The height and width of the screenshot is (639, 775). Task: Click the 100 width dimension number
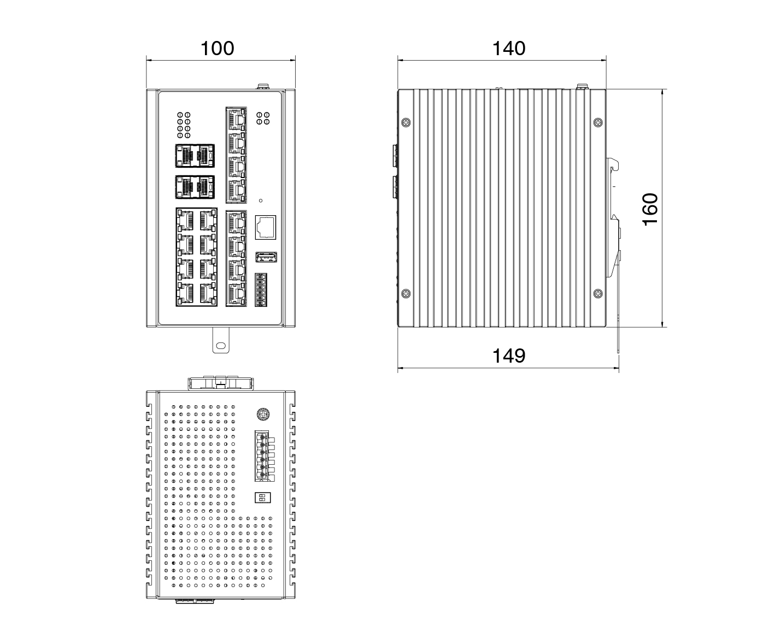pyautogui.click(x=217, y=49)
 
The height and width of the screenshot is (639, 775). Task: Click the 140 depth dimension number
pyautogui.click(x=508, y=49)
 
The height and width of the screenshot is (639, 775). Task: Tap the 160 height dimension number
pyautogui.click(x=650, y=209)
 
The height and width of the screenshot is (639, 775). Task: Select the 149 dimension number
pyautogui.click(x=508, y=356)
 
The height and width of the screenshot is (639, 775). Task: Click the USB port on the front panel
pyautogui.click(x=266, y=257)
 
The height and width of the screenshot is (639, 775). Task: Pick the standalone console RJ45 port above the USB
pyautogui.click(x=266, y=227)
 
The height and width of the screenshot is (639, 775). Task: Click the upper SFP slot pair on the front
pyautogui.click(x=195, y=156)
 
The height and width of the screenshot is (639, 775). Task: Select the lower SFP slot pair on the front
pyautogui.click(x=195, y=187)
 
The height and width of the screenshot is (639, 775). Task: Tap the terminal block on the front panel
pyautogui.click(x=261, y=290)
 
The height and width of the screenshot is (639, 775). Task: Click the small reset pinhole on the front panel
pyautogui.click(x=261, y=200)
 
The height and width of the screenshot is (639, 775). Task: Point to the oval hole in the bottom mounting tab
pyautogui.click(x=220, y=346)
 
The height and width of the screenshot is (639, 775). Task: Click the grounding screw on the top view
pyautogui.click(x=263, y=414)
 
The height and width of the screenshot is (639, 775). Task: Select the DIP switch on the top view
pyautogui.click(x=262, y=498)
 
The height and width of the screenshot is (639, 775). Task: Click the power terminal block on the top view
pyautogui.click(x=265, y=456)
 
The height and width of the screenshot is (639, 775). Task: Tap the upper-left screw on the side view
pyautogui.click(x=406, y=122)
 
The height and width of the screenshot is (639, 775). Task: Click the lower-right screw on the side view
pyautogui.click(x=598, y=294)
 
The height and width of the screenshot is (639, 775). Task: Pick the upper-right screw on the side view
pyautogui.click(x=598, y=122)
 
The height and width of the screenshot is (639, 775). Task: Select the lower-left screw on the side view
pyautogui.click(x=406, y=294)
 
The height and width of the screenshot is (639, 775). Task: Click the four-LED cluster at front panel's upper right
pyautogui.click(x=263, y=119)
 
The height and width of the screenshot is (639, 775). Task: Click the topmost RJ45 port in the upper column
pyautogui.click(x=236, y=119)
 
